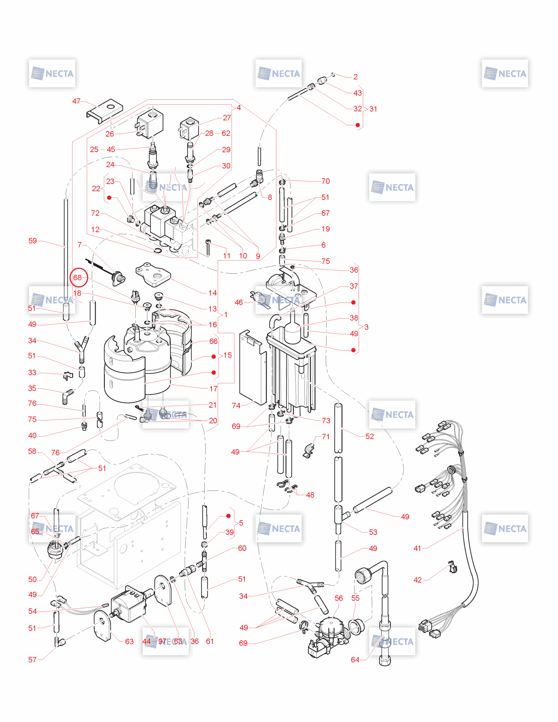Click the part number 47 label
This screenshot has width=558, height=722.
click(x=76, y=101)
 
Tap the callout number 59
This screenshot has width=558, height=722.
click(x=32, y=241)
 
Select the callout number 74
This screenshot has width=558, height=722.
click(x=236, y=406)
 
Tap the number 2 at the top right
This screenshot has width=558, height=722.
click(x=355, y=77)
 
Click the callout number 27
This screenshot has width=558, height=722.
click(x=227, y=118)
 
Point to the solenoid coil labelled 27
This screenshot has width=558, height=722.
click(x=189, y=129)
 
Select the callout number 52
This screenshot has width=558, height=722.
click(x=370, y=436)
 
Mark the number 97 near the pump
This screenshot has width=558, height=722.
click(x=162, y=641)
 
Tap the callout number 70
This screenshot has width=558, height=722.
click(x=326, y=181)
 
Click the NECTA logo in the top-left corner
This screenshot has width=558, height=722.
click(x=52, y=73)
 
